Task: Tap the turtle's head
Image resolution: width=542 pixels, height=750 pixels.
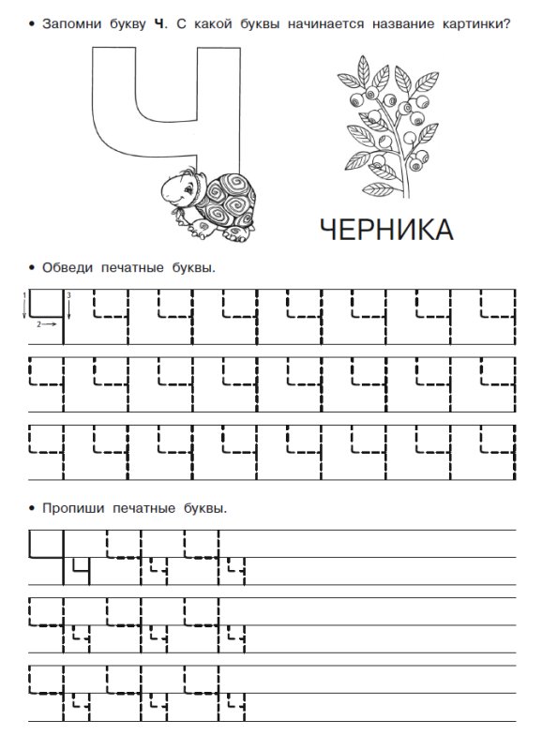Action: point(175,187)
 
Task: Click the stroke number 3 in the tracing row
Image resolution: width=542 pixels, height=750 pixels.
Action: point(68,296)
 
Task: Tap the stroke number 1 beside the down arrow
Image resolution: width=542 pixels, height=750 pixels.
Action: point(24,296)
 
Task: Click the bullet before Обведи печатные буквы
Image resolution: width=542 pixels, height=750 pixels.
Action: point(33,268)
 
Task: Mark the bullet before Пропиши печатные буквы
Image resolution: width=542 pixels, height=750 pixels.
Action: point(33,510)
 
